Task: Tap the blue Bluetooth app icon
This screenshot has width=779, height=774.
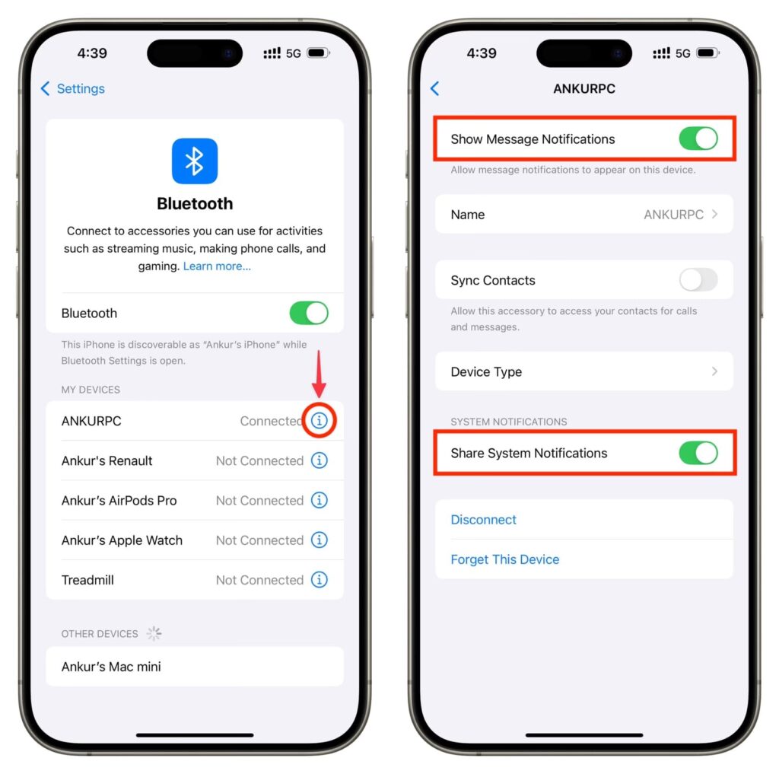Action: click(x=194, y=161)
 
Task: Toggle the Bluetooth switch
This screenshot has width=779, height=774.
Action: click(x=309, y=314)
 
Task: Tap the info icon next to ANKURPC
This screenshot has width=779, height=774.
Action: click(x=319, y=421)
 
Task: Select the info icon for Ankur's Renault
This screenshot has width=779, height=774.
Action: click(x=319, y=460)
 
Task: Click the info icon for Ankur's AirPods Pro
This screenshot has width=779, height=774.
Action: click(x=319, y=500)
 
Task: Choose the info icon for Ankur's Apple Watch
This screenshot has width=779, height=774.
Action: click(x=319, y=540)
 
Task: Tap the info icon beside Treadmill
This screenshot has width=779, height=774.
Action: click(x=319, y=580)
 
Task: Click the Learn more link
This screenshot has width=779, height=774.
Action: click(x=217, y=266)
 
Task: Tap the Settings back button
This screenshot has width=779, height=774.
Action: click(x=72, y=88)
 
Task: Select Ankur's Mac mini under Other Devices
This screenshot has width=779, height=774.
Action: click(x=111, y=667)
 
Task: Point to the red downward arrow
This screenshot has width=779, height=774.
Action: click(x=319, y=374)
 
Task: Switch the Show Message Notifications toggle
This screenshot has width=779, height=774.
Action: click(x=698, y=139)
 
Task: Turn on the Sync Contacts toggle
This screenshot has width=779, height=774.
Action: click(x=698, y=280)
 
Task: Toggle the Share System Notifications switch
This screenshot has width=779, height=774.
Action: click(x=698, y=453)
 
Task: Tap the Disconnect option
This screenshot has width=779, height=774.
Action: click(x=483, y=520)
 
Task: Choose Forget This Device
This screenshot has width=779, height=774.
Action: click(x=505, y=559)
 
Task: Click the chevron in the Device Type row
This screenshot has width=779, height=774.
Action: click(x=714, y=371)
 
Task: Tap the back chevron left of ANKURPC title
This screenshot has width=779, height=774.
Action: click(x=434, y=88)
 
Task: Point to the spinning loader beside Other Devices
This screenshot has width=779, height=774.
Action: click(x=154, y=633)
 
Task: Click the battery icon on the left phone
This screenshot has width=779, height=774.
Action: click(x=318, y=53)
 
